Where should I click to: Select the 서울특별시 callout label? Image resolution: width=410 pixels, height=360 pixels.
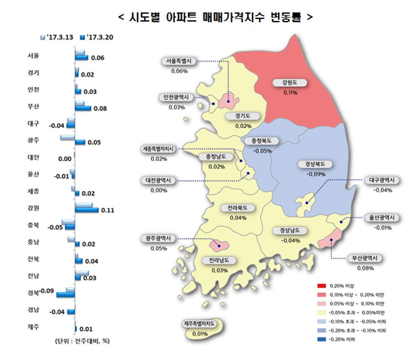tap(179, 61)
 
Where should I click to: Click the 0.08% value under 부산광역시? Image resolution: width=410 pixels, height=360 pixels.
tap(364, 268)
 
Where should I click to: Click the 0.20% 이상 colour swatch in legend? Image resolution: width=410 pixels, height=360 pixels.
tap(321, 286)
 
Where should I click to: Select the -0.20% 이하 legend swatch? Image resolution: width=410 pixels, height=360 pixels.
tap(321, 340)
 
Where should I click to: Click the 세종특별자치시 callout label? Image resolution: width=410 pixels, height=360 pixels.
tap(159, 149)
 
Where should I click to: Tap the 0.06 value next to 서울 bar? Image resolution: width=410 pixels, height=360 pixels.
tap(98, 58)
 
